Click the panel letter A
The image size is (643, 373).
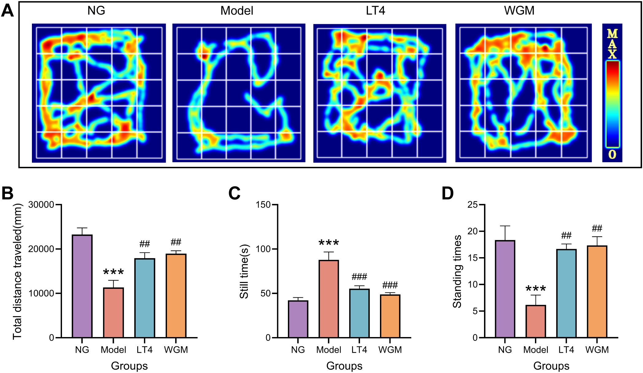point(7,10)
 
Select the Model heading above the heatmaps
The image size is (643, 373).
point(237,11)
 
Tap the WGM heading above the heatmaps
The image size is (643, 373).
point(519,10)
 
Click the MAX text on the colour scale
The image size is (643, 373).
point(612,44)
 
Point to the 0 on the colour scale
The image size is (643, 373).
point(612,154)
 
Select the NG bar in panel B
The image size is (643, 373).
point(82,286)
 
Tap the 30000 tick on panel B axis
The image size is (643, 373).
point(41,205)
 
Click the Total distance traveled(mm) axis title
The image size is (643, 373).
point(17,271)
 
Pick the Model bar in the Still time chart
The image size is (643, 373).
point(329,299)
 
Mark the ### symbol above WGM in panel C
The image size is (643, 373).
point(390,285)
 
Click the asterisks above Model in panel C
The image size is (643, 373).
point(329,243)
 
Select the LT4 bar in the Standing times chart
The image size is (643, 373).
point(566,293)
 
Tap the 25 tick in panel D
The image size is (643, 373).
point(472,205)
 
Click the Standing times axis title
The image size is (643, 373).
point(457,271)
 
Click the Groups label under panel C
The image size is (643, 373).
point(344,366)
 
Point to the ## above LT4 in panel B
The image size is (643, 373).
point(145,244)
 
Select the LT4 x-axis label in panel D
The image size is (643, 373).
point(566,350)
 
